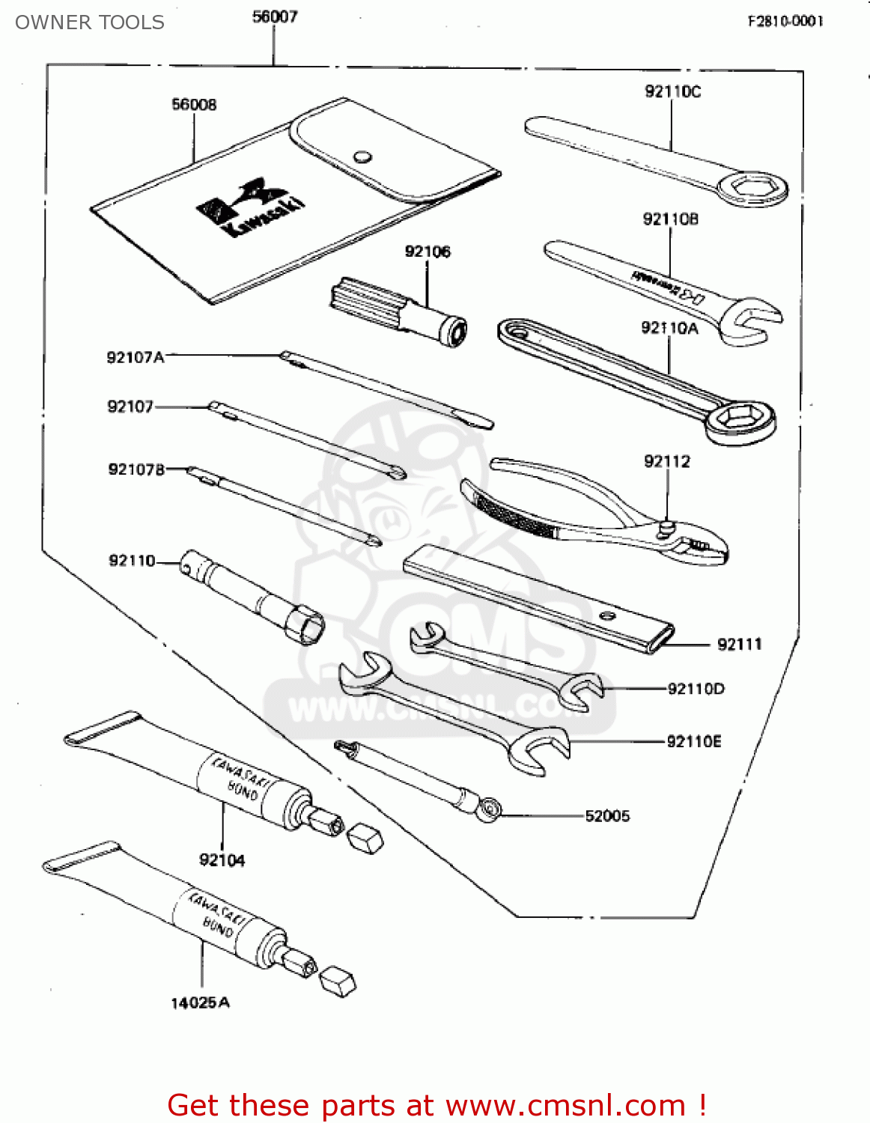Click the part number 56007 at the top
(275, 16)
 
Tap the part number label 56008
(194, 105)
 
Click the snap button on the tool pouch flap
(362, 157)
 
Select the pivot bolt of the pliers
(665, 529)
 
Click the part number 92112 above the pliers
(666, 461)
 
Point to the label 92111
(739, 644)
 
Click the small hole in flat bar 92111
(608, 617)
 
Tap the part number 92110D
(696, 689)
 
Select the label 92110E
(694, 741)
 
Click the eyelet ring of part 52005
(491, 809)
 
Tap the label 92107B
(136, 469)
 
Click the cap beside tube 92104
(366, 838)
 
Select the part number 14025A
(200, 1002)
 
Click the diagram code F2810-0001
(785, 21)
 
